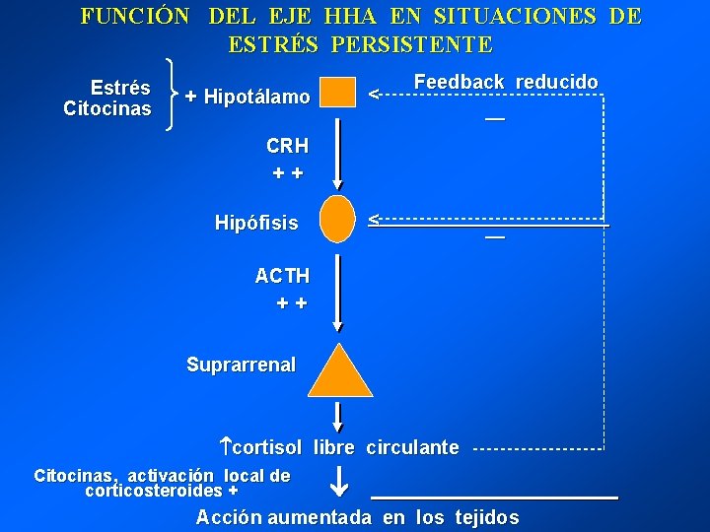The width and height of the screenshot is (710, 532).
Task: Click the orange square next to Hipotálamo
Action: click(x=338, y=93)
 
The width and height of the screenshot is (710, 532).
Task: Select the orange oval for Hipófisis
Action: click(x=337, y=219)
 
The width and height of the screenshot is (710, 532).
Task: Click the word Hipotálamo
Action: click(x=256, y=97)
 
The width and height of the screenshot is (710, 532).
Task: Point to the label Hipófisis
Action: click(x=256, y=223)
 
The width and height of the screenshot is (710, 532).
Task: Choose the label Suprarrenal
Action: click(x=241, y=365)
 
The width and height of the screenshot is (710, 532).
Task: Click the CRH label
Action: click(x=287, y=146)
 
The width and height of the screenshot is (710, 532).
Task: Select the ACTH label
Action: click(x=282, y=276)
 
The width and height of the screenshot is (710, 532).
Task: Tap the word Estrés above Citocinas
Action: click(x=120, y=88)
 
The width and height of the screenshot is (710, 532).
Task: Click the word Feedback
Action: click(x=459, y=82)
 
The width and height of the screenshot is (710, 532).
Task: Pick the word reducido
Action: click(x=556, y=82)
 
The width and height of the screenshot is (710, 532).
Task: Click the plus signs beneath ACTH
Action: click(x=292, y=303)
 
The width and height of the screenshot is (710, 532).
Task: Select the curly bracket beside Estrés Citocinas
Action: click(x=176, y=94)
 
